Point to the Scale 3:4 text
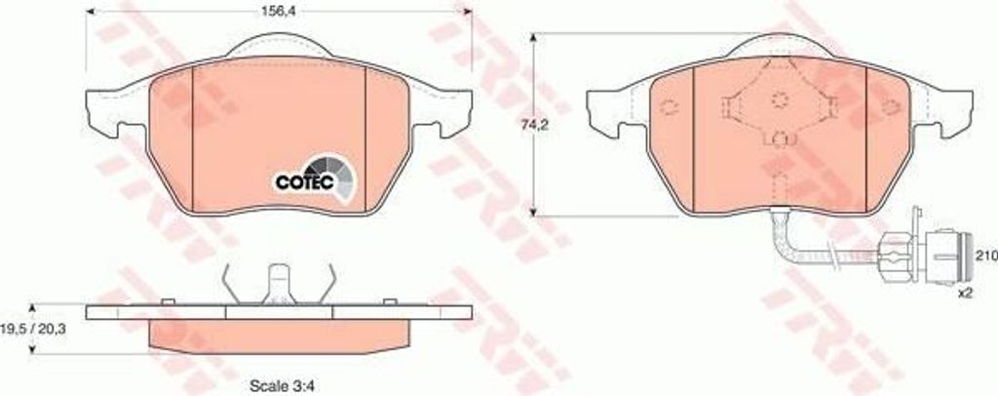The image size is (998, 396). (283, 385)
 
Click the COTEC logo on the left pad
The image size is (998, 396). (315, 178)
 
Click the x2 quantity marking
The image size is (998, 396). (967, 295)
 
